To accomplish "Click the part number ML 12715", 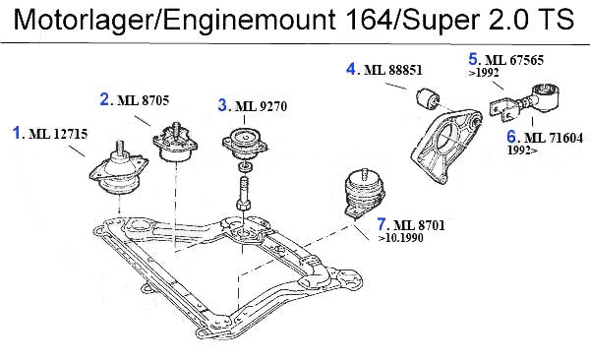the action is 58,134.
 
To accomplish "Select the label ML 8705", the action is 143,100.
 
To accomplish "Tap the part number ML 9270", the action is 261,106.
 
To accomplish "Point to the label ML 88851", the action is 392,70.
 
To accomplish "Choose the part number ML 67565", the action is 514,60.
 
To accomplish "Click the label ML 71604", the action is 554,138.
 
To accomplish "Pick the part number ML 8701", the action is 419,225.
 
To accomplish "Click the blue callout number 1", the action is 16,133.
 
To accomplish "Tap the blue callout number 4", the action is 351,69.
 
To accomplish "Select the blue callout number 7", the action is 382,224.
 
